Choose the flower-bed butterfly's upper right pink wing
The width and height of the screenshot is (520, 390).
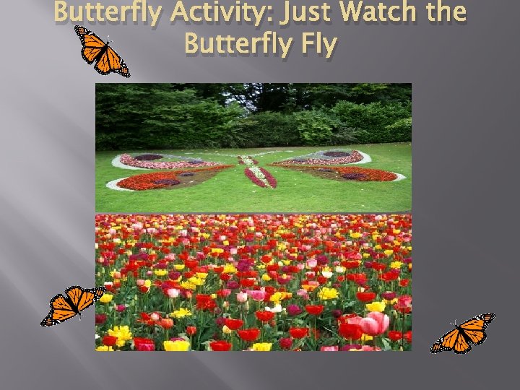click(x=329, y=157)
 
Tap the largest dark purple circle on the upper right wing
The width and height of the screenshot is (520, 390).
click(x=337, y=154)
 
